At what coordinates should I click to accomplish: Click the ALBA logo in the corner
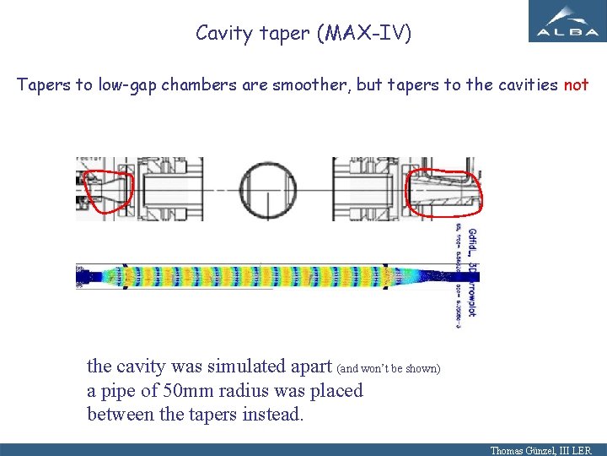(566, 21)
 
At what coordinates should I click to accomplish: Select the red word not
(576, 85)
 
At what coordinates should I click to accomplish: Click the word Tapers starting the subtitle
(43, 85)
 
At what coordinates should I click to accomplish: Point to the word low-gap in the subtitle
(126, 85)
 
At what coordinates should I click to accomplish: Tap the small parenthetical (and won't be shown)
(388, 369)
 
